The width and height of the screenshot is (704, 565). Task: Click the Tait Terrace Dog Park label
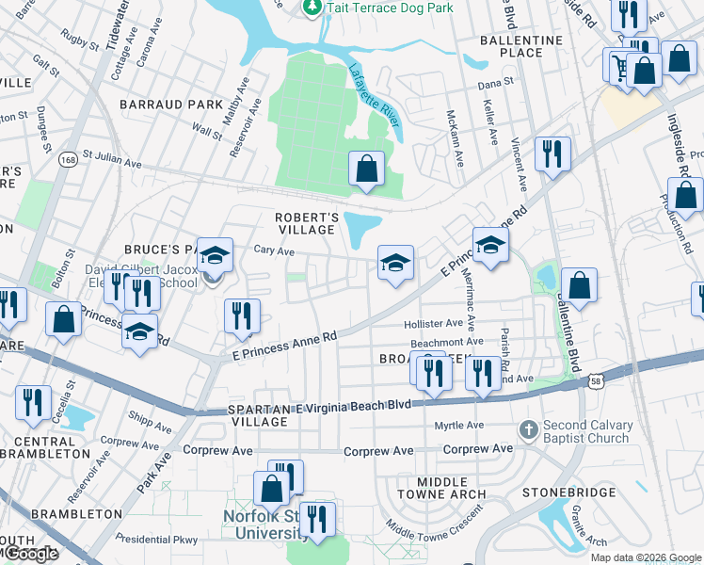pos(389,8)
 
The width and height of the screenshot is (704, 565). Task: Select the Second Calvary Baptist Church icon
pos(531,429)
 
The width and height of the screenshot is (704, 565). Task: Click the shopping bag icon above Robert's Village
pos(367,169)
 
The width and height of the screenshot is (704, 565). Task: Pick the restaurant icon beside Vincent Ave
pos(552,153)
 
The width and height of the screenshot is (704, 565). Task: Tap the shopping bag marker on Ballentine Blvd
pos(580,286)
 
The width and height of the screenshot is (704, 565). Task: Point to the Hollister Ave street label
pos(433,323)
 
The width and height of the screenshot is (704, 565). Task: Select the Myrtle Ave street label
pos(458,426)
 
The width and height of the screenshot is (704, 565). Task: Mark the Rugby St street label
pos(79,39)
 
